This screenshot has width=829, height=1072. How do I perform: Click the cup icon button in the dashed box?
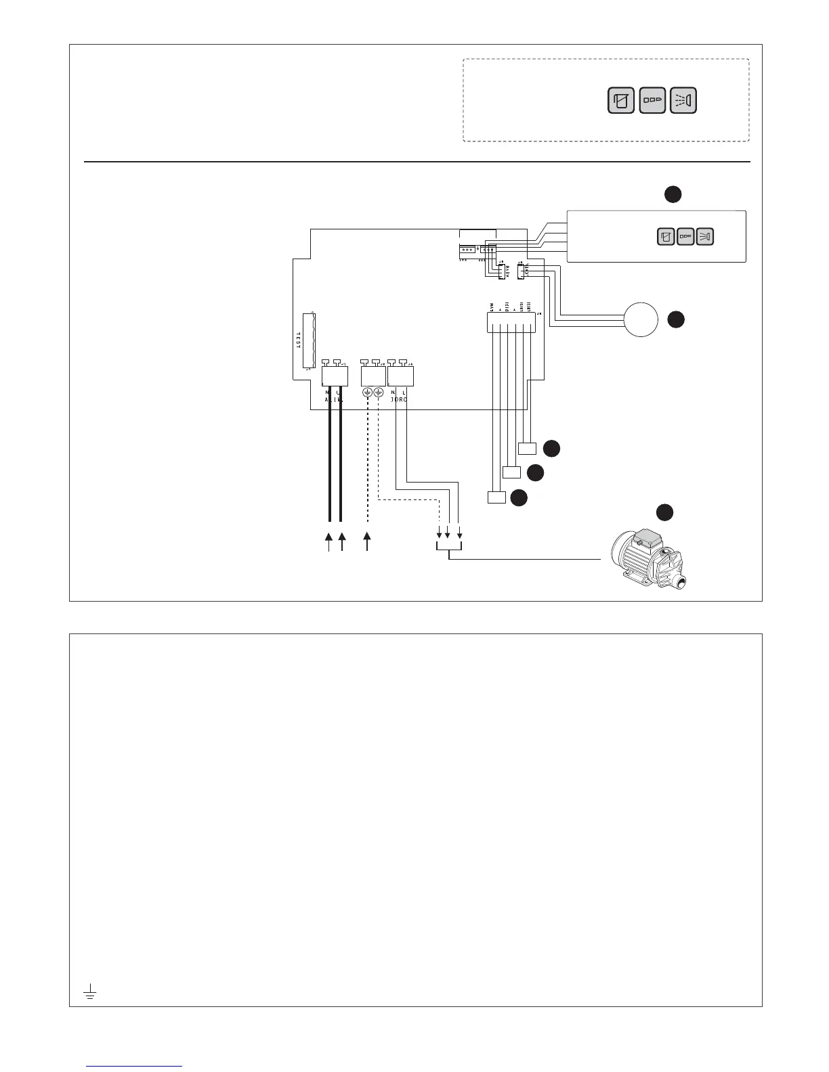pos(621,101)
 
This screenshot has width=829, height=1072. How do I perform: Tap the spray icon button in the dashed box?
pos(683,101)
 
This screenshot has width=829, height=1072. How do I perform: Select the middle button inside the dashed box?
pos(652,101)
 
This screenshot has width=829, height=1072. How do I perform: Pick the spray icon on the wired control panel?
pos(705,236)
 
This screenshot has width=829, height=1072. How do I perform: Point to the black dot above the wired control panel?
pos(672,194)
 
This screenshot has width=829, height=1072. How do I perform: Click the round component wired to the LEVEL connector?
pos(641,319)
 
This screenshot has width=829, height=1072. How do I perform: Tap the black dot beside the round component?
pos(675,320)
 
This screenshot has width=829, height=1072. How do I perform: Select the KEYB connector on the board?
pos(503,272)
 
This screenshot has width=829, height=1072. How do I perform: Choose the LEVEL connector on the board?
pos(522,272)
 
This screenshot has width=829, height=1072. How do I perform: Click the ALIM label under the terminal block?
pos(334,400)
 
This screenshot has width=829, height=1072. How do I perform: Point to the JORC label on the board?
pos(399,400)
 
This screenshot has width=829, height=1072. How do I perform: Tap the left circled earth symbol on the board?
pos(367,393)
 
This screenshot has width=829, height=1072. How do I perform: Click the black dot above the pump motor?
pos(664,512)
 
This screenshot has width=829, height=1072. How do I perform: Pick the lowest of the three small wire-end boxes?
pos(496,498)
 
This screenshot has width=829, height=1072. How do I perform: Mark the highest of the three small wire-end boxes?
pos(527,448)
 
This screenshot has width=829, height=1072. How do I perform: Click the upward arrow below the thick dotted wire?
pos(368,541)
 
